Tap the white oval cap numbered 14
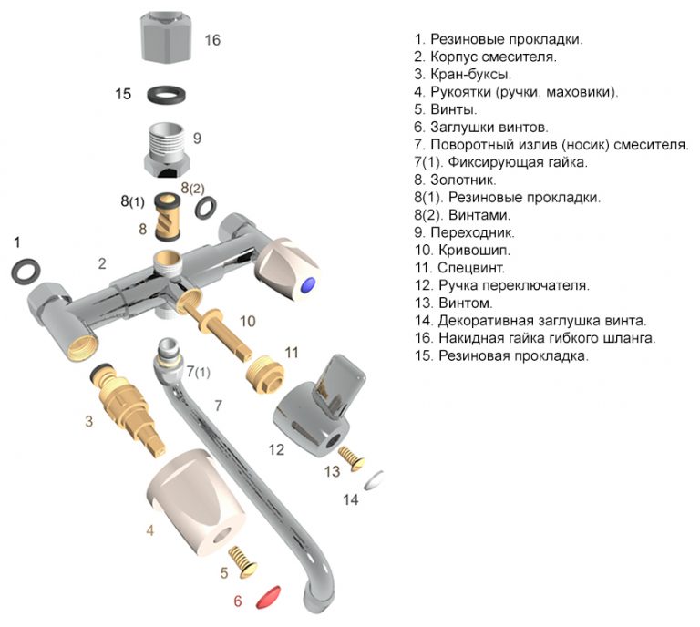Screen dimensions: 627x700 point(374,481)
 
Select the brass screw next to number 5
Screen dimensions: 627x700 point(242,558)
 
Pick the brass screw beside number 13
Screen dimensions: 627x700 point(352,453)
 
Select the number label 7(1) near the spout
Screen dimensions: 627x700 point(198,372)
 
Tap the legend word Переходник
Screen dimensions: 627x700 point(469,232)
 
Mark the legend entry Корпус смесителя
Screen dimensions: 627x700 point(492,57)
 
